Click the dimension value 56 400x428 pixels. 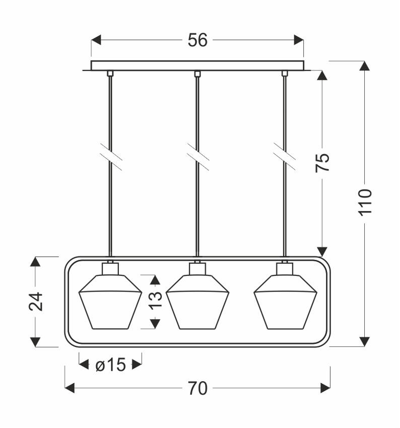tap(197, 40)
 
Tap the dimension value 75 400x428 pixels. tap(322, 163)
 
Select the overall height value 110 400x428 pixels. tap(365, 202)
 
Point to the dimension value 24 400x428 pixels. tap(36, 302)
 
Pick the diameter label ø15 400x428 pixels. tap(111, 365)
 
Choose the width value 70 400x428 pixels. tap(197, 388)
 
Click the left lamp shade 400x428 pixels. tap(110, 302)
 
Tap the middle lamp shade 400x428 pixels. tap(197, 302)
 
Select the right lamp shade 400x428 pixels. tap(285, 302)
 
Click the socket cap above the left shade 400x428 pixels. tap(110, 268)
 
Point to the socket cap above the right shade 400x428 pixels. tap(285, 268)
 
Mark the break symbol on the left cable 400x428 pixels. tap(111, 157)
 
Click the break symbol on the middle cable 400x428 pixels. tap(198, 157)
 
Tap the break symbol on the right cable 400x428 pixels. tap(285, 157)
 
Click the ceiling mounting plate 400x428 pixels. tap(197, 66)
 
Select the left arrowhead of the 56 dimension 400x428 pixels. tap(96, 40)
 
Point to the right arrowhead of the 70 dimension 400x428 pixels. tap(325, 388)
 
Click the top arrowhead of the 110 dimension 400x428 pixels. tap(365, 66)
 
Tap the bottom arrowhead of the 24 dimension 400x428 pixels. tap(35, 342)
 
